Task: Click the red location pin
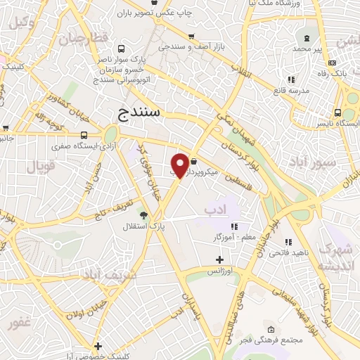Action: click(x=181, y=165)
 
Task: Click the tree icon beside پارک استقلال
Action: click(x=144, y=214)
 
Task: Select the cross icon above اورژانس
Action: click(x=219, y=259)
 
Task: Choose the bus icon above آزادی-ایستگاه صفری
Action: click(x=84, y=135)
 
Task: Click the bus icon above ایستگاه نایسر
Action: click(x=337, y=112)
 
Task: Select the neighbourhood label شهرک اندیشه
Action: click(x=333, y=257)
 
